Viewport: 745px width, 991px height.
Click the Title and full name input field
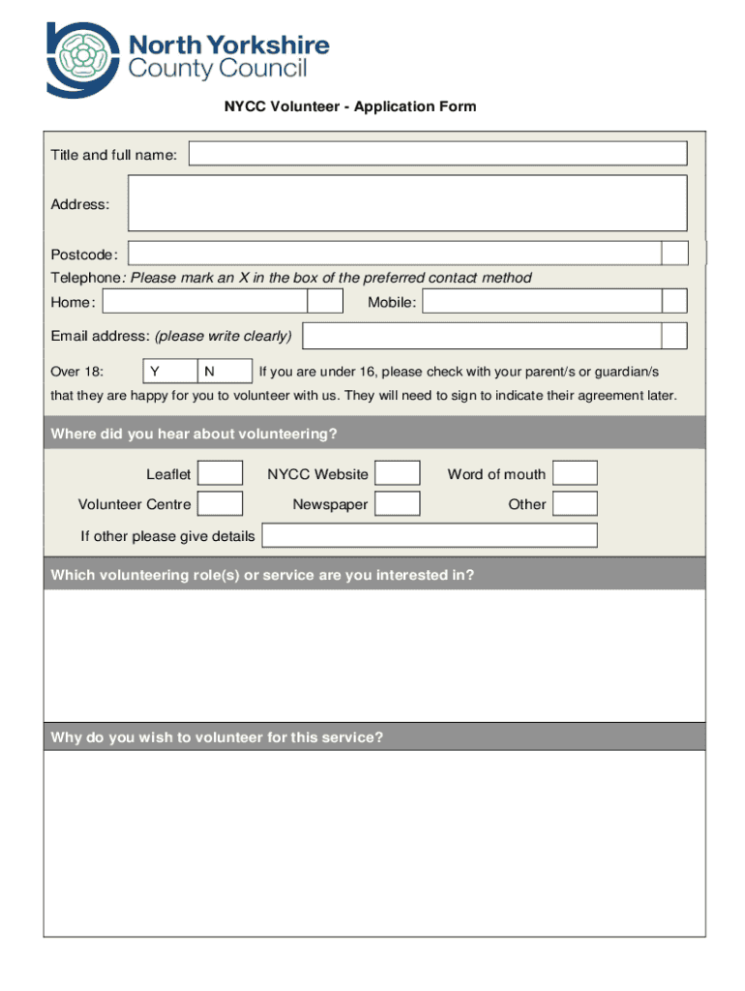(x=437, y=154)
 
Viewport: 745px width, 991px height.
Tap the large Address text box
(x=407, y=202)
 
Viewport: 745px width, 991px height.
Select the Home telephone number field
(x=205, y=302)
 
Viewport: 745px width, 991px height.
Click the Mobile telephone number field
(x=542, y=302)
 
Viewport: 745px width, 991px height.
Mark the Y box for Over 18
(x=169, y=371)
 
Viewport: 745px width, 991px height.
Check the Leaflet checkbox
(x=220, y=473)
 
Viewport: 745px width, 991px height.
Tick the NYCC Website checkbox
(x=397, y=473)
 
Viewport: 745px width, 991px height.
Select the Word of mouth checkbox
(x=575, y=473)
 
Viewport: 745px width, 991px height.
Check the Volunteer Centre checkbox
(x=220, y=503)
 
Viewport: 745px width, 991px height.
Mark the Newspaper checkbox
(x=397, y=503)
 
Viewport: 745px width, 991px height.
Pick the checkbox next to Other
(x=575, y=503)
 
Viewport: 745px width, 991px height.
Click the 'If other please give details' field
(x=430, y=535)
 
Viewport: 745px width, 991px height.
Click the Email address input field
(x=482, y=336)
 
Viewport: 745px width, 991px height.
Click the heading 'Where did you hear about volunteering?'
(x=194, y=434)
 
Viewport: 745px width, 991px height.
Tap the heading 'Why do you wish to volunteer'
(x=217, y=737)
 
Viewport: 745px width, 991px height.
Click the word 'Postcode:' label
(x=84, y=255)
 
